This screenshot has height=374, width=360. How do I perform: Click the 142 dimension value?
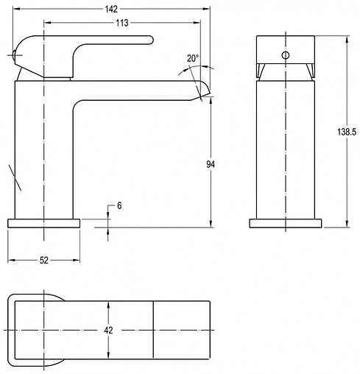point(111,9)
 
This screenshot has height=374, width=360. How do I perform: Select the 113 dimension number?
point(122,23)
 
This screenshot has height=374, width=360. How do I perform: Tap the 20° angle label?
point(193,58)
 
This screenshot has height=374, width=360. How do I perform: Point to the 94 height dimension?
point(211,164)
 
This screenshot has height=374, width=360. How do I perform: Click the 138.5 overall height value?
point(347,132)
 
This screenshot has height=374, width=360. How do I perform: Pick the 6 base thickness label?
point(119,205)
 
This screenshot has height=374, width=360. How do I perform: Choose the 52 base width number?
point(44,260)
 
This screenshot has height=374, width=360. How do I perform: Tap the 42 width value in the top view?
point(108,331)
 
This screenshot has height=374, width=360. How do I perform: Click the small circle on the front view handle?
point(286,55)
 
